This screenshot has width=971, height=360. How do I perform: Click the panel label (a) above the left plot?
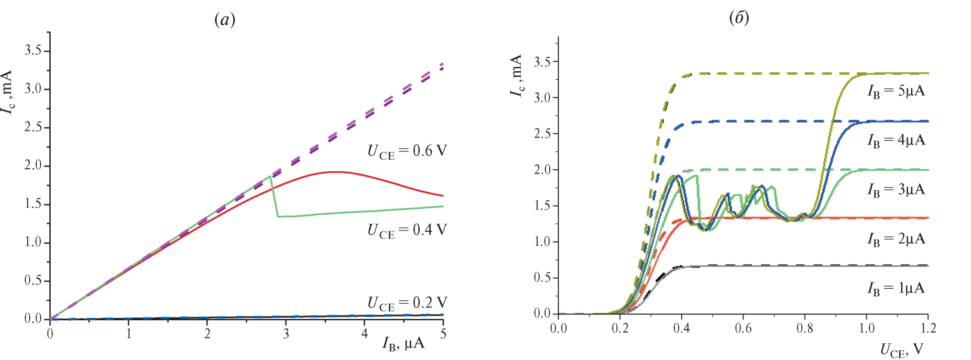pos(225,20)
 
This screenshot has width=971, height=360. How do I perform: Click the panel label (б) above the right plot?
pos(739,18)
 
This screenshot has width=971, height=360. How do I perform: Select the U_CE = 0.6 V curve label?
pos(407,152)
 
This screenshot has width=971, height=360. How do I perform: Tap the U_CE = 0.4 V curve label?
pos(407,230)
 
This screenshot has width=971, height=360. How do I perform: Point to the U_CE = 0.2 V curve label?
pos(407,303)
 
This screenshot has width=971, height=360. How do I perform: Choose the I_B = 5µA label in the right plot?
pos(896,91)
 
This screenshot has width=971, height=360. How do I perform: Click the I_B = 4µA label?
pos(896,141)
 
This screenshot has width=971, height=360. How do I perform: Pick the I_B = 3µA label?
pos(896,190)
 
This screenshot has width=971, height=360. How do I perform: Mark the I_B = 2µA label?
pos(896,239)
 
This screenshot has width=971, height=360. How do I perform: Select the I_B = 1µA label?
pos(896,288)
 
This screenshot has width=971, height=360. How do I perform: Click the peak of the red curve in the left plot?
pos(338,172)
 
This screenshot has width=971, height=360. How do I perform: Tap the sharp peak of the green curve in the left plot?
pos(271,176)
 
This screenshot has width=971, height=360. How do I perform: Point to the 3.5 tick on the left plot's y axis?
pos(33,51)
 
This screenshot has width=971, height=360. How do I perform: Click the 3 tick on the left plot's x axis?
pos(286,334)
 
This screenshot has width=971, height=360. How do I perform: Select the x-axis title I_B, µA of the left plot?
pos(403,344)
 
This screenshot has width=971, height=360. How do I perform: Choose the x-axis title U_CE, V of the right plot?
pos(902,350)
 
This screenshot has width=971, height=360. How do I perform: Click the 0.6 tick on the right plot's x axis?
pos(743,328)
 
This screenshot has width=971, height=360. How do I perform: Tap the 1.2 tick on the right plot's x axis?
pos(927,328)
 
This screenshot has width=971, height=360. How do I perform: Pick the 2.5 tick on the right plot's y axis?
pos(543,133)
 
